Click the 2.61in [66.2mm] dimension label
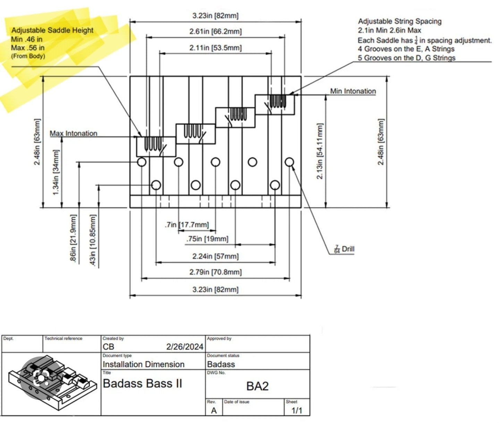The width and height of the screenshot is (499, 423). coord(215,31)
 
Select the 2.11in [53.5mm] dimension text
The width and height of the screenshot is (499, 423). coord(215,48)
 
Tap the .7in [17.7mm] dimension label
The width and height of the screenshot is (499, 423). coord(187,225)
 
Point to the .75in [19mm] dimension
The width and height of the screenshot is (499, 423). coord(207,239)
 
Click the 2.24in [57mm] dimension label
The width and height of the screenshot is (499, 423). coord(215,256)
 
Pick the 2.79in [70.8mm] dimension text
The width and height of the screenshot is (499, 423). coord(215,272)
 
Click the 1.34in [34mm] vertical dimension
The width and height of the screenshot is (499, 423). coord(56,172)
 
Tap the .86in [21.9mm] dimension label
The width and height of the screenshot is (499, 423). coord(73,238)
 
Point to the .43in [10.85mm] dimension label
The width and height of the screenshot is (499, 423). coord(93,240)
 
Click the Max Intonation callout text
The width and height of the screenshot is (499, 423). coord(73,133)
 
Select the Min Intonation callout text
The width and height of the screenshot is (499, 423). coord(353,91)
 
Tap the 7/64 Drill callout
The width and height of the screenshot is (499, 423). coord(344,249)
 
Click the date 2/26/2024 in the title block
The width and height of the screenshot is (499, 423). coord(185,347)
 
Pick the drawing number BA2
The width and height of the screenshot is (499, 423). coord(257,386)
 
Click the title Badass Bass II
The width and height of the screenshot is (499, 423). coord(142,383)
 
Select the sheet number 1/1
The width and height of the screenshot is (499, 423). coord(297,410)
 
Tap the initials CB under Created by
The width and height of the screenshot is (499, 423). coord(108,347)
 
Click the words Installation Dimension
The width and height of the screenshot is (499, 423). coord(143,364)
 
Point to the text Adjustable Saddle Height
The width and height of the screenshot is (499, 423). coord(52,31)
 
